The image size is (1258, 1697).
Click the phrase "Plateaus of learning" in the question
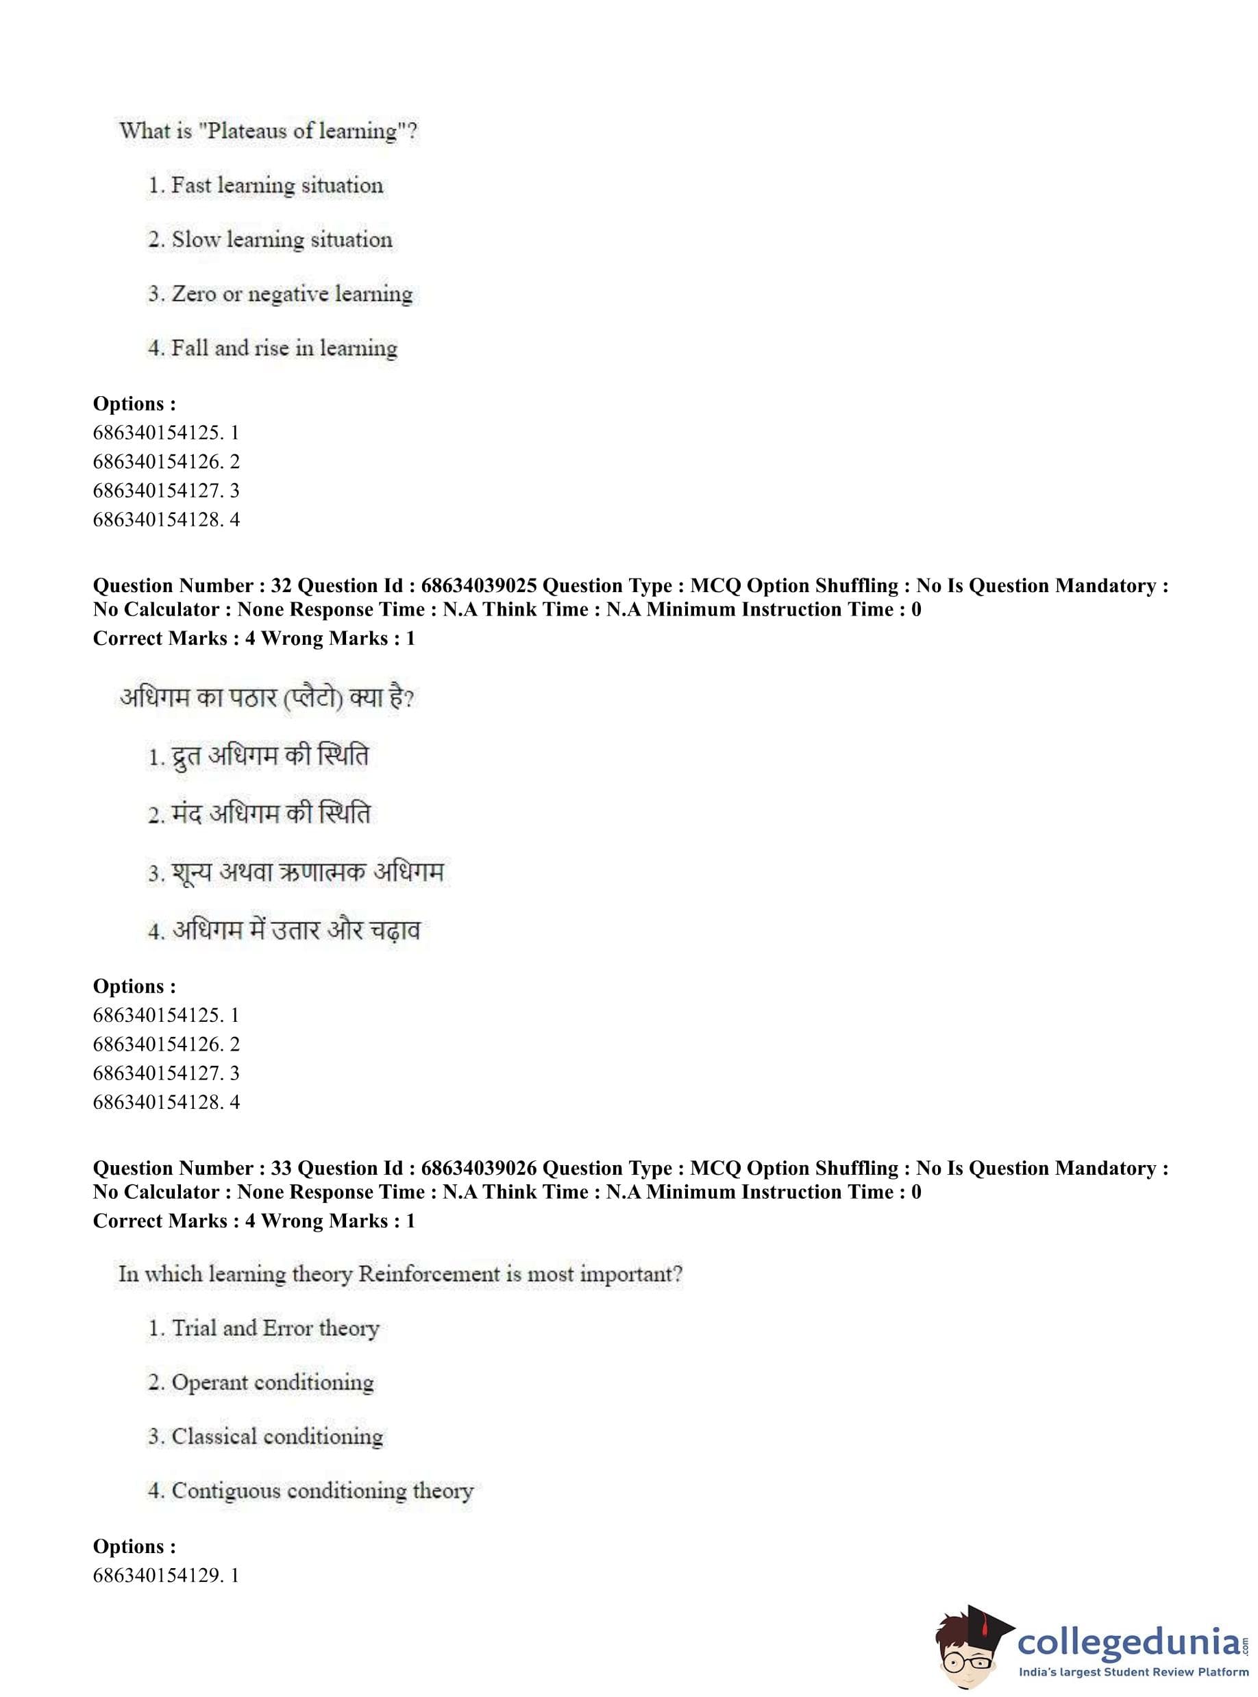point(301,131)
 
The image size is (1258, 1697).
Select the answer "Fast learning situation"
point(276,185)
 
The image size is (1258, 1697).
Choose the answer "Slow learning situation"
point(281,239)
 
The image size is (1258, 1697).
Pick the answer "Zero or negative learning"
point(292,294)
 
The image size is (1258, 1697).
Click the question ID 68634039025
point(478,586)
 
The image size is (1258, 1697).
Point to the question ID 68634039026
point(478,1169)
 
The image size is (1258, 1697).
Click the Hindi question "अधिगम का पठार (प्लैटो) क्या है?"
point(267,698)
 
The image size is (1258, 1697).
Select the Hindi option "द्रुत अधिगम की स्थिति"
point(269,757)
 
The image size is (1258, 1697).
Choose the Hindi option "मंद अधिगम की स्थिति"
point(271,814)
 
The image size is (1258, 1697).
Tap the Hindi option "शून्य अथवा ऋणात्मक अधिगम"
point(308,872)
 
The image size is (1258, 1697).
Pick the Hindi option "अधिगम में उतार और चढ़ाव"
point(295,930)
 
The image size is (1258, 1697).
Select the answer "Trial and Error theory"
point(275,1328)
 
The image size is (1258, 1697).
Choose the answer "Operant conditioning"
point(272,1382)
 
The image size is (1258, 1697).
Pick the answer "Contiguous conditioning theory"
point(321,1491)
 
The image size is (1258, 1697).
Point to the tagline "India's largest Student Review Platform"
point(1133,1672)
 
